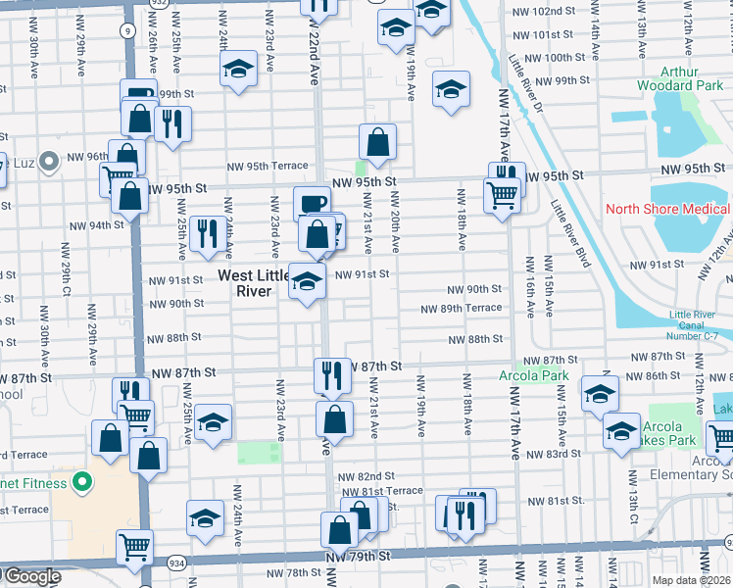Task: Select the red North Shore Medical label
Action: click(x=666, y=209)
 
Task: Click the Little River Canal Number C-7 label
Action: click(x=699, y=326)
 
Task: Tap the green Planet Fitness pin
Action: click(x=83, y=483)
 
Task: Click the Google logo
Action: click(x=31, y=576)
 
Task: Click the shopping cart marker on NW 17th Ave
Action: click(x=503, y=194)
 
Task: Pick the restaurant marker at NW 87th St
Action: click(x=332, y=374)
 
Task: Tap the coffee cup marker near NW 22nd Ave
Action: click(x=312, y=203)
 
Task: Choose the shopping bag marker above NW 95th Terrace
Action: click(x=377, y=142)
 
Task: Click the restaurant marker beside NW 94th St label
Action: click(x=207, y=233)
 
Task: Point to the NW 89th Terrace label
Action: click(x=461, y=308)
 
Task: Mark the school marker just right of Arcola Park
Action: click(x=600, y=394)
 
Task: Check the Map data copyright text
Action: click(x=691, y=579)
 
